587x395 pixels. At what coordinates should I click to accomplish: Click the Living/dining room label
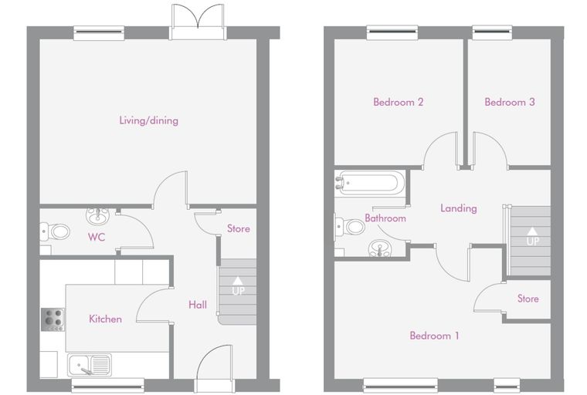pos(148,120)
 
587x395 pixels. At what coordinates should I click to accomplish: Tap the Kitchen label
pos(105,319)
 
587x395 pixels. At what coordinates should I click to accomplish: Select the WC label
pos(97,237)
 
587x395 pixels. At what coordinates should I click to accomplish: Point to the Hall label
pos(198,305)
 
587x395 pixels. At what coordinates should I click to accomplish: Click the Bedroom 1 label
pos(434,336)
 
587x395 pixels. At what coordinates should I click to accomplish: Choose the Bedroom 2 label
pos(399,102)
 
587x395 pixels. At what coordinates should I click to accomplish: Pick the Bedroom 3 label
pos(510,102)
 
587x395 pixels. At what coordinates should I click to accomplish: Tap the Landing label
pos(459,208)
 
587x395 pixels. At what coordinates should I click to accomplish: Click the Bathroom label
pos(385,218)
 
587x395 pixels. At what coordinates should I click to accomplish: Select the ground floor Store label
pos(239,228)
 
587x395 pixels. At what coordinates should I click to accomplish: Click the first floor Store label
pos(528,299)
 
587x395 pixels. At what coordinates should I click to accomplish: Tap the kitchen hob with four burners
pos(53,319)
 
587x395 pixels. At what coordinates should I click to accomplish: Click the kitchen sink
pos(90,365)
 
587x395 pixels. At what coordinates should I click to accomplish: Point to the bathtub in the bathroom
pos(368,184)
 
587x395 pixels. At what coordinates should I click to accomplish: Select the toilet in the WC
pos(55,232)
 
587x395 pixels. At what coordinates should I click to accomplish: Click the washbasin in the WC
pos(98,215)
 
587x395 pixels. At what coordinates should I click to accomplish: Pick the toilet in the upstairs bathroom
pos(350,227)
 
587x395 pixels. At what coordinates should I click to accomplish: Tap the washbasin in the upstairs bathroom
pos(380,248)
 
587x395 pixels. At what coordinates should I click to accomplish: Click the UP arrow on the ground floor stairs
pos(237,280)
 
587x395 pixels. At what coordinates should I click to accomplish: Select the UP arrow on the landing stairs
pos(532,231)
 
